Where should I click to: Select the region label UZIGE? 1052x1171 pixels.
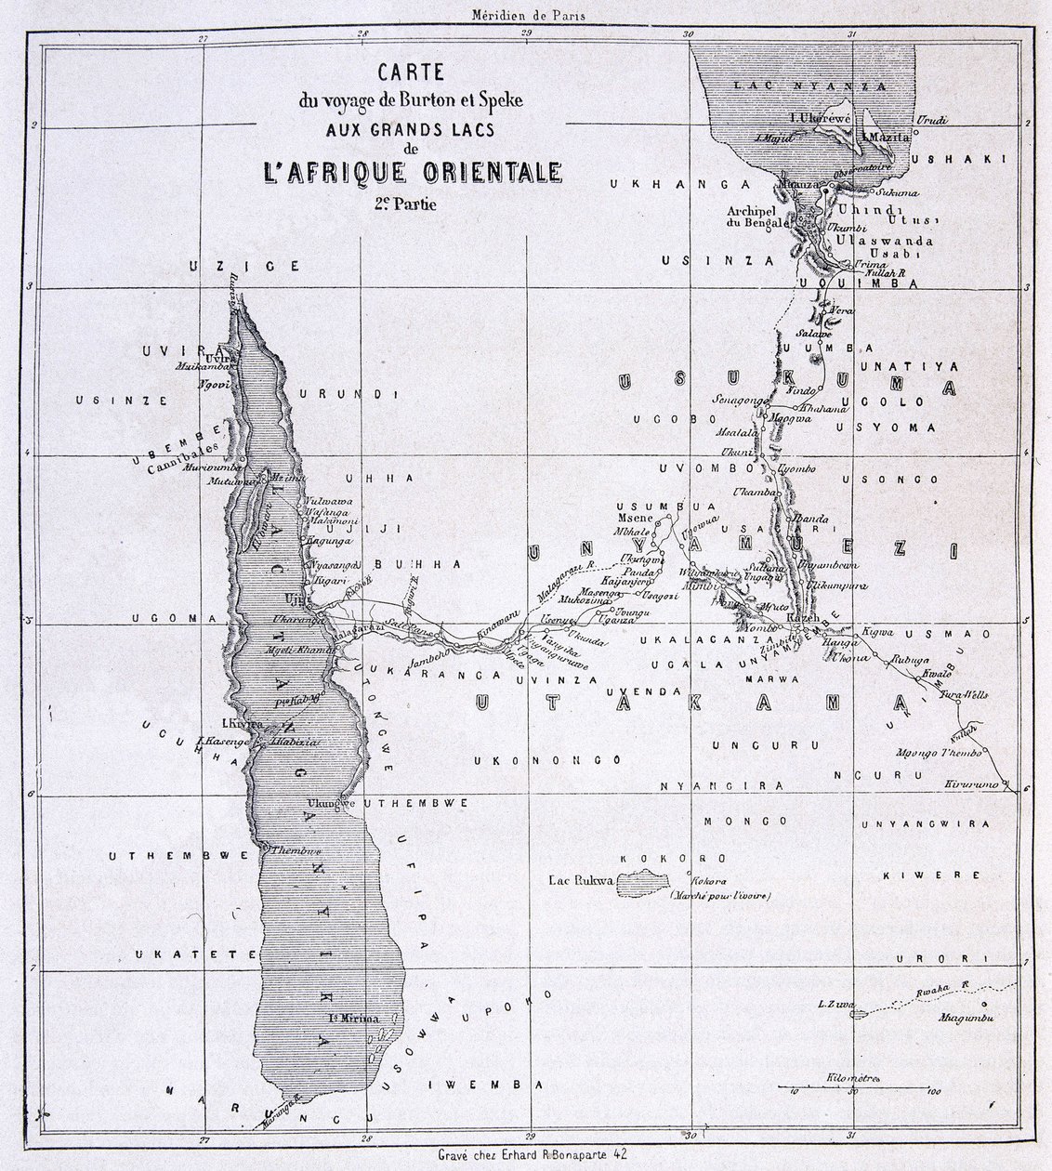point(243,266)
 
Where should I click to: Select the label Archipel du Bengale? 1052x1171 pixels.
point(756,216)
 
